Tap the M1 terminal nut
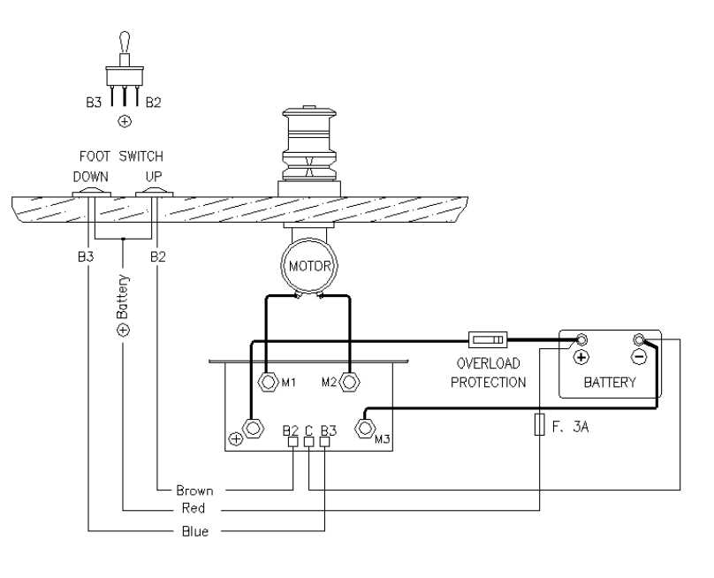[x=267, y=383]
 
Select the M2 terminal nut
[x=350, y=383]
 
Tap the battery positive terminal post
[x=582, y=339]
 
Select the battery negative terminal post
[x=639, y=339]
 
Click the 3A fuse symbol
[x=539, y=425]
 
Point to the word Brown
[x=194, y=490]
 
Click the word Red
[x=194, y=510]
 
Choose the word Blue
[x=194, y=531]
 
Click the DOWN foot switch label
[x=91, y=177]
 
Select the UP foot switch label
[x=155, y=177]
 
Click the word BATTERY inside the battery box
[x=610, y=383]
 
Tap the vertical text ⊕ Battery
[x=124, y=305]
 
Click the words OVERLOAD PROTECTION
[x=489, y=372]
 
